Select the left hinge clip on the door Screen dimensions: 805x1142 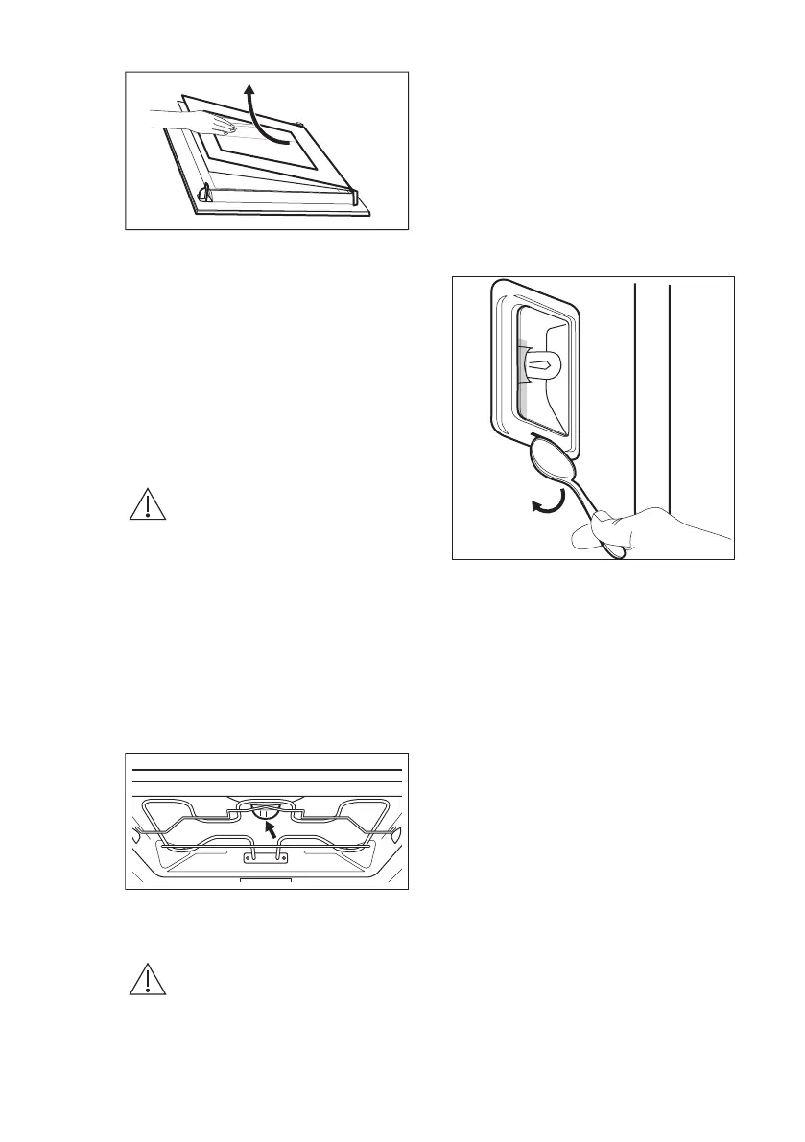(203, 194)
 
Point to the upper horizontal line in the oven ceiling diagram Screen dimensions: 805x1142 (267, 770)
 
